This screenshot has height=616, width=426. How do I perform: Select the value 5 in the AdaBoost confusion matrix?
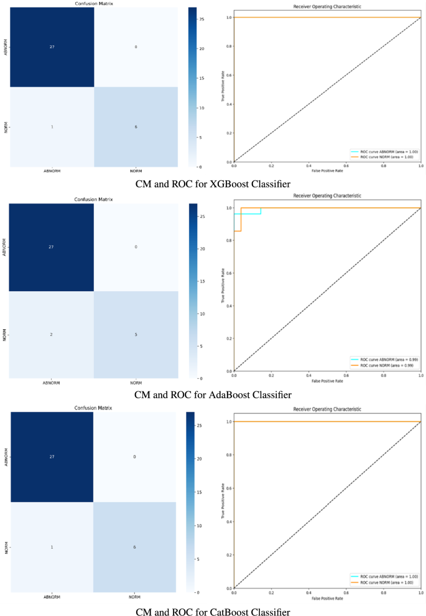coord(136,335)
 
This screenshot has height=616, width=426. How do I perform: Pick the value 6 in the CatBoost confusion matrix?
coord(136,547)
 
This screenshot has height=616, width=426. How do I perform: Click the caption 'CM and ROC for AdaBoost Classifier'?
coord(213,394)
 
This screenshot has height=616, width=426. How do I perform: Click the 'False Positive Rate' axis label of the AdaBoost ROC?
coord(327,381)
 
